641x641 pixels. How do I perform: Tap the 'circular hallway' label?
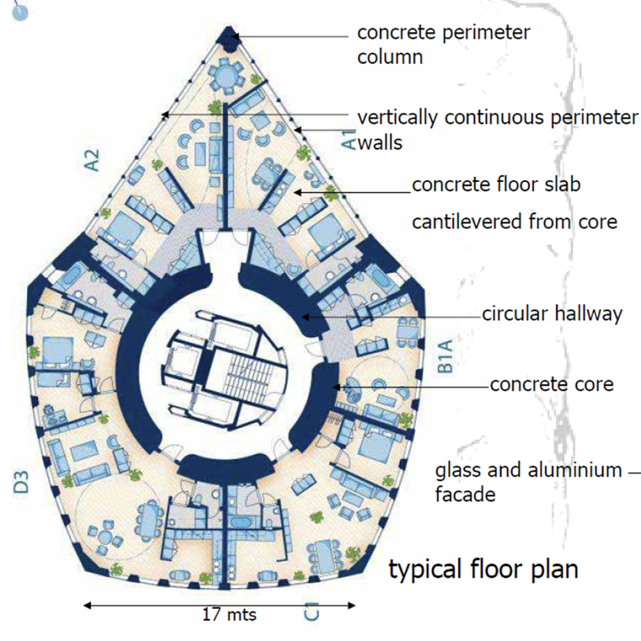551,314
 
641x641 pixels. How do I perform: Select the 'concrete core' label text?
551,384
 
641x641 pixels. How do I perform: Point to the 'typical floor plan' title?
483,569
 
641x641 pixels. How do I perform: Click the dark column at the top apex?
232,36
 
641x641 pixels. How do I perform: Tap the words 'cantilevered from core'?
514,221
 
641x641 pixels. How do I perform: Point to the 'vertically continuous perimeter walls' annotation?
498,129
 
